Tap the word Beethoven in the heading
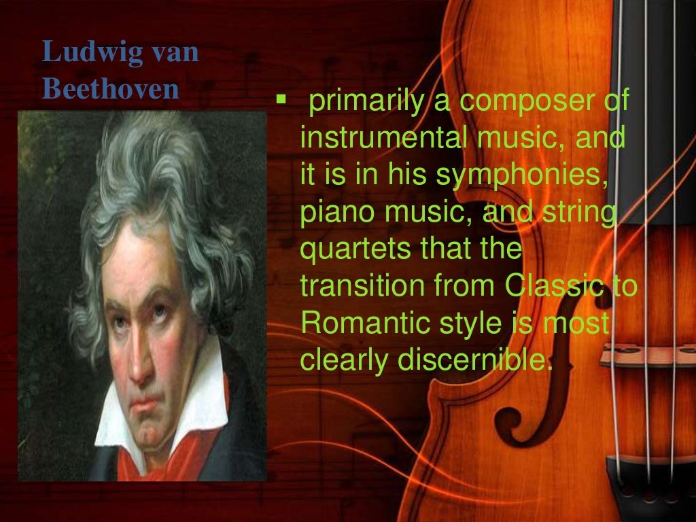click(x=110, y=90)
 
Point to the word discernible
click(x=472, y=360)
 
